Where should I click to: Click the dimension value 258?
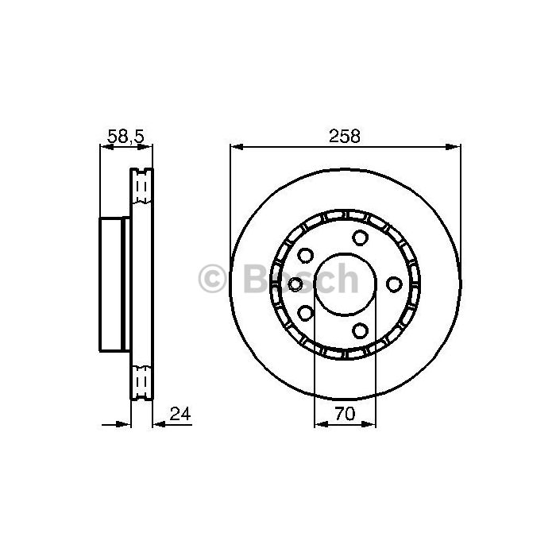click(x=344, y=136)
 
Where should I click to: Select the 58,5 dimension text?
click(x=125, y=136)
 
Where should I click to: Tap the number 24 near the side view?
click(x=180, y=414)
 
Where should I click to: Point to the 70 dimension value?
click(x=345, y=414)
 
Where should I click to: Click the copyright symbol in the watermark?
click(x=212, y=278)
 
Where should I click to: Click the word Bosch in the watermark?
click(x=301, y=278)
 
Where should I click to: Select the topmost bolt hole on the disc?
click(x=360, y=237)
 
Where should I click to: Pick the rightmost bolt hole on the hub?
click(x=394, y=284)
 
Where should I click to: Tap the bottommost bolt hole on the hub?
click(x=360, y=330)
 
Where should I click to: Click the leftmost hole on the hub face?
click(x=295, y=284)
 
